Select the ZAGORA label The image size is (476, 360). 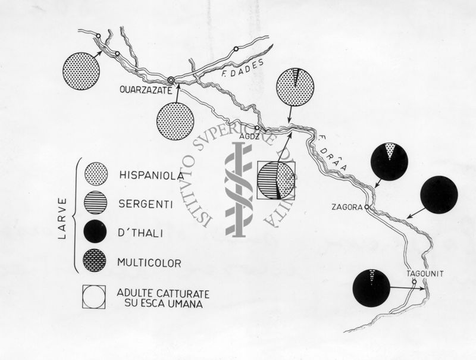click(347, 207)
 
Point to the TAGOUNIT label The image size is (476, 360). click(425, 274)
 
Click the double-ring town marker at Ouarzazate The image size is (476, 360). click(171, 80)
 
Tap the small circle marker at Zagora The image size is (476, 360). click(367, 207)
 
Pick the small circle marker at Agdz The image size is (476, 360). click(257, 128)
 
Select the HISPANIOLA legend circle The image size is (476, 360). click(96, 174)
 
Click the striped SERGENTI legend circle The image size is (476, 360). click(96, 203)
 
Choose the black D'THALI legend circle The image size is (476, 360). click(95, 231)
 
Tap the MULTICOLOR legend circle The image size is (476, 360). click(95, 261)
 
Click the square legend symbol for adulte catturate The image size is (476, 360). click(93, 297)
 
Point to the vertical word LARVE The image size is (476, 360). click(63, 219)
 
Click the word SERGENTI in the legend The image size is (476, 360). click(146, 204)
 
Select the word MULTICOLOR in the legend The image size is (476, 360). click(149, 262)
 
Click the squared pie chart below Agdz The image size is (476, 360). click(276, 180)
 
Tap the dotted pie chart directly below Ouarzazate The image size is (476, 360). click(175, 121)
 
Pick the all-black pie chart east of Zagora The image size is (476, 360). click(439, 194)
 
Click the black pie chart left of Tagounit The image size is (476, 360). click(371, 288)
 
